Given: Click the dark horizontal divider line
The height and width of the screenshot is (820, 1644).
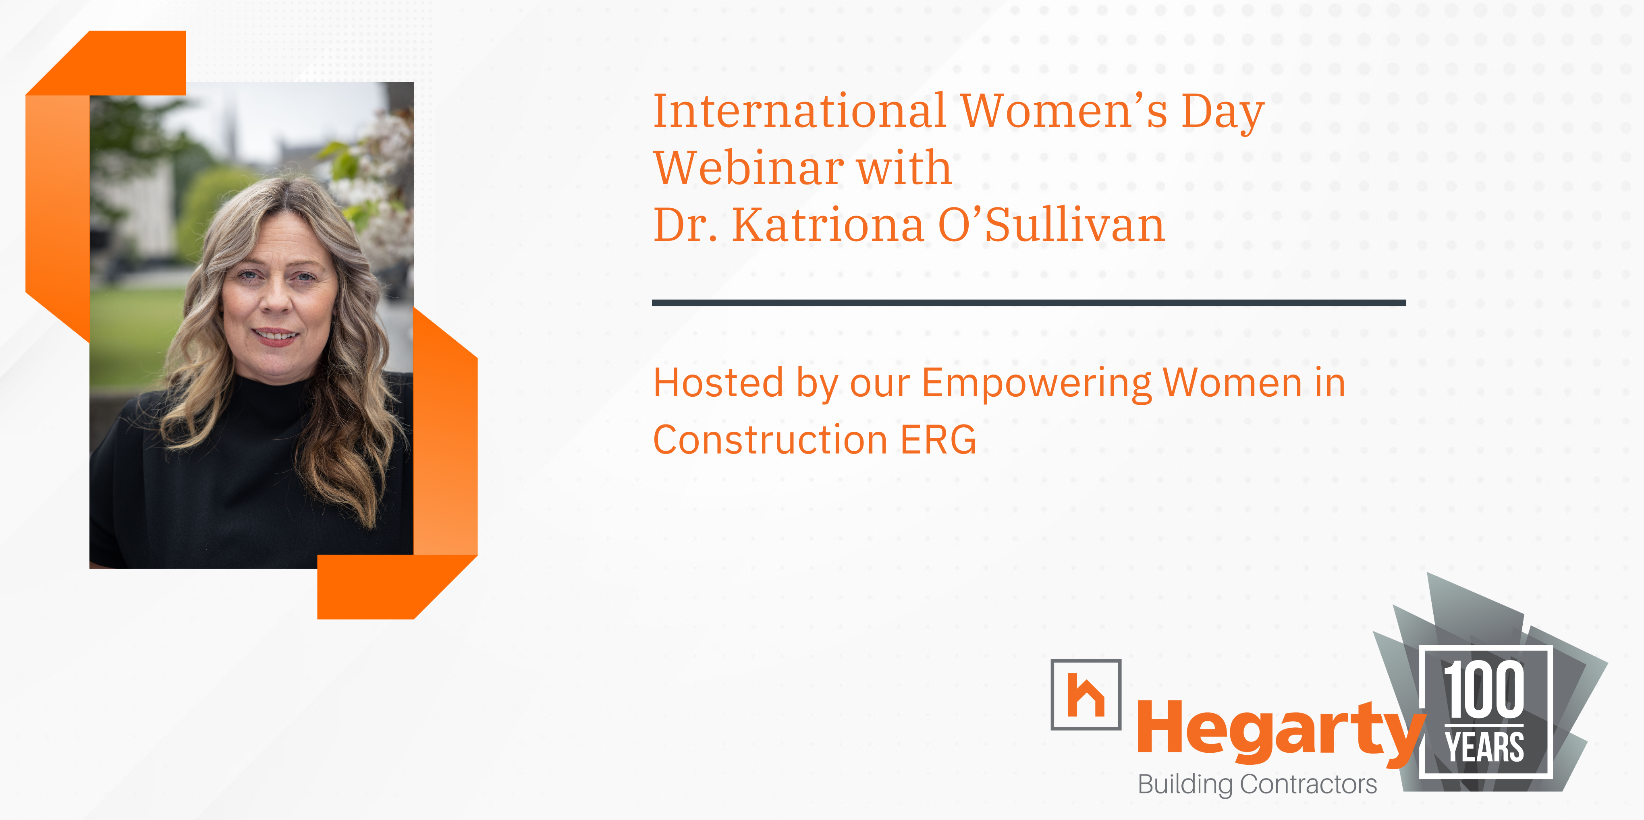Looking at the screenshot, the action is [1029, 302].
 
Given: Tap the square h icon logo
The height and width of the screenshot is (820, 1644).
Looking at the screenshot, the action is [1086, 694].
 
